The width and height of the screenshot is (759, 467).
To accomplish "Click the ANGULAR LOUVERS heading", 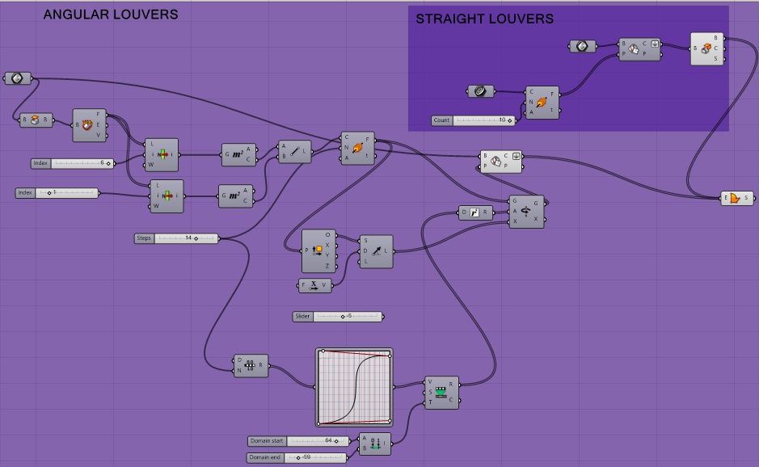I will (x=111, y=15).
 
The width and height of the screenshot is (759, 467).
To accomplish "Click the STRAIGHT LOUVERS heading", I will (x=485, y=19).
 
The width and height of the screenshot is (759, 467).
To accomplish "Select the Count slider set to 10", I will (x=474, y=120).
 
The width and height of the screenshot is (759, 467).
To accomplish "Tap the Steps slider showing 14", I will (x=177, y=238).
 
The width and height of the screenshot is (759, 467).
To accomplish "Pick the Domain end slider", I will (x=297, y=458).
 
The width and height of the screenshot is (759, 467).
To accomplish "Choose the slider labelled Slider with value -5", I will (x=338, y=317).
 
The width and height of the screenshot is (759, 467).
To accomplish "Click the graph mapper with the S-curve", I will (x=353, y=388).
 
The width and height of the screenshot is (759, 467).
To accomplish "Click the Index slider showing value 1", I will (x=57, y=192).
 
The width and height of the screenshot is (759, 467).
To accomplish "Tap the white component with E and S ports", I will (x=736, y=198).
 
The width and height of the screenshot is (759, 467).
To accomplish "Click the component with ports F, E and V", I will (x=89, y=125).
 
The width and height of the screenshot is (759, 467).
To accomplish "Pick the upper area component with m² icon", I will (x=239, y=154).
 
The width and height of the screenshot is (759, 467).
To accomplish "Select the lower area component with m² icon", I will (x=236, y=196).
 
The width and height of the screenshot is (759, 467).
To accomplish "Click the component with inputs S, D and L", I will (x=377, y=251).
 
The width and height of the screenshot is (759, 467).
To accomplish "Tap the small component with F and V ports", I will (x=314, y=285).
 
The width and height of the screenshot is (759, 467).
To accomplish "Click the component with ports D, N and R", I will (x=251, y=367).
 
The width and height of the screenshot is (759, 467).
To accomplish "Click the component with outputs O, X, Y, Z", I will (x=318, y=250).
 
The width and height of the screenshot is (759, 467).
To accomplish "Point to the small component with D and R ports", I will (x=475, y=212).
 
